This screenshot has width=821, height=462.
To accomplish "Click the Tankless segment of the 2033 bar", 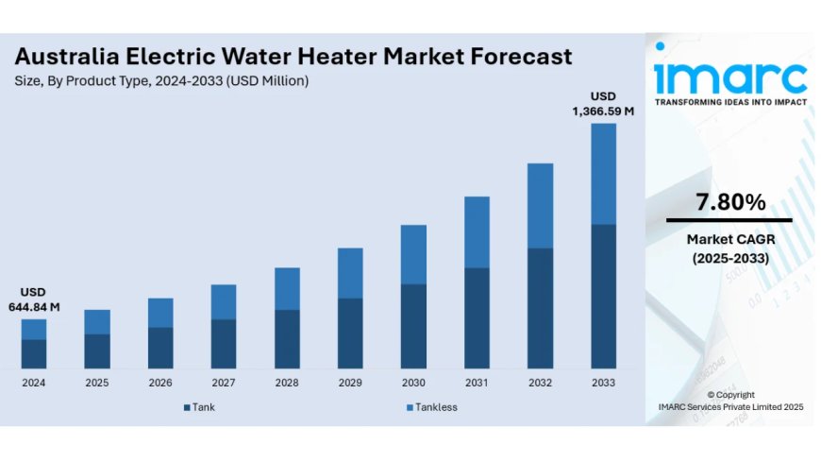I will (x=603, y=174).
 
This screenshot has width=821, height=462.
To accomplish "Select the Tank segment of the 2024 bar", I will (x=34, y=353).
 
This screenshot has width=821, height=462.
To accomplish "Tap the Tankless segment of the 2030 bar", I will (x=413, y=254).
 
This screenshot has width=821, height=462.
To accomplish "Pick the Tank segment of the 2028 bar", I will (x=287, y=338).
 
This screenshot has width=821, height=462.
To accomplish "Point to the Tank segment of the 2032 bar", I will (x=540, y=308).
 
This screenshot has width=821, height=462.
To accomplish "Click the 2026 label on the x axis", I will (x=160, y=383).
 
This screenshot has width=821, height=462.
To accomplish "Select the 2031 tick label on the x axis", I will (x=477, y=383).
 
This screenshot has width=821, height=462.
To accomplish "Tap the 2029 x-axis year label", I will (x=350, y=383).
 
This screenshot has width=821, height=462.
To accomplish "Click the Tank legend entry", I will (x=199, y=407).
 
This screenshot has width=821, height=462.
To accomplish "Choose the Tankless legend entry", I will (x=431, y=407).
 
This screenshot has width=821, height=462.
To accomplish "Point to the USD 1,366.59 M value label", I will (x=603, y=104).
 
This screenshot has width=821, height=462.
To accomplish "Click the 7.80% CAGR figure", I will (x=730, y=201).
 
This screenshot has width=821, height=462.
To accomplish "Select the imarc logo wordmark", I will (x=730, y=76).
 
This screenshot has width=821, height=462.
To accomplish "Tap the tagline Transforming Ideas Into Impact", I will (x=730, y=101).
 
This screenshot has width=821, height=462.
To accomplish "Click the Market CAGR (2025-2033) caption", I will (x=730, y=248).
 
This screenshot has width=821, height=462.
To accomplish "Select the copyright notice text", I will (x=730, y=401).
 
